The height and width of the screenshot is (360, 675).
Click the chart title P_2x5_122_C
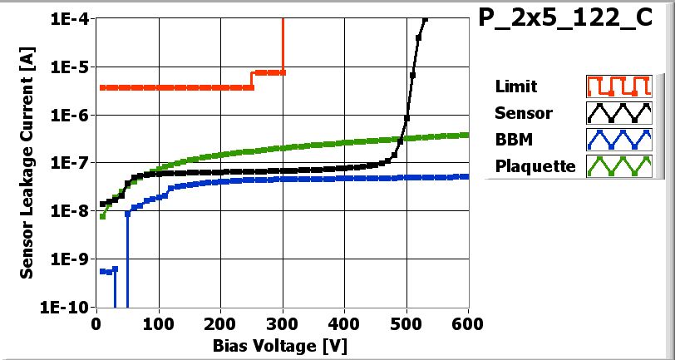click(x=565, y=20)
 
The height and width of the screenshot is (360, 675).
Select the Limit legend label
click(x=515, y=86)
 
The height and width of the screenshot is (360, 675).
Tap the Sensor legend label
click(x=523, y=113)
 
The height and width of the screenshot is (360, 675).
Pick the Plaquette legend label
click(x=535, y=166)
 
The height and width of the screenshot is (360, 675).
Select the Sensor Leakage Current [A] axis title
click(x=27, y=163)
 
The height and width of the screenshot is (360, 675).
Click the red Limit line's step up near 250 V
click(x=252, y=80)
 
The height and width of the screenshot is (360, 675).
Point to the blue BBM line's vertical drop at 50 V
click(x=127, y=258)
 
